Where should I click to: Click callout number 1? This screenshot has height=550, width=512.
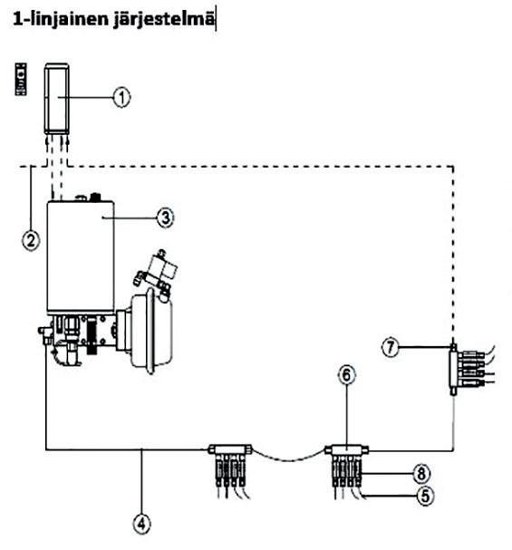tap(121, 97)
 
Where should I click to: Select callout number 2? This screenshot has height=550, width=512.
tap(31, 241)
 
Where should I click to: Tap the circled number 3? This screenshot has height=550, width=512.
tap(165, 217)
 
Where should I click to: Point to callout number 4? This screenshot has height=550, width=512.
tap(141, 524)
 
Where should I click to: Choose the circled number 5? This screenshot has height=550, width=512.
tap(425, 496)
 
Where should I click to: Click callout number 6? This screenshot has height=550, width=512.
tap(346, 375)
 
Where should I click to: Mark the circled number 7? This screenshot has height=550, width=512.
tap(391, 347)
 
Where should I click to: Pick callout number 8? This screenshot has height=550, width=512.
tap(421, 473)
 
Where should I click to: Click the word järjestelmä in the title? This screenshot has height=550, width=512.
tap(163, 19)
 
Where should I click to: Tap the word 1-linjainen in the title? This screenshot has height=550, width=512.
tap(61, 18)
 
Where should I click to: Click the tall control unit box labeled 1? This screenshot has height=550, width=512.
tap(56, 98)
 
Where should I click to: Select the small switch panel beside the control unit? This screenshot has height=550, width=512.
tap(21, 79)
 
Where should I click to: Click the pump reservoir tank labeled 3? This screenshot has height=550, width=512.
tap(81, 256)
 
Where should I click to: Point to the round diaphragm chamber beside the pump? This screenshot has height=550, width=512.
tap(151, 330)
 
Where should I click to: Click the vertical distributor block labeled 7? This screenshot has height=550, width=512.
tap(454, 369)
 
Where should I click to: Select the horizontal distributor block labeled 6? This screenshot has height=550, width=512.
tap(346, 449)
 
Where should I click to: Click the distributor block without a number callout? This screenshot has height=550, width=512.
tap(230, 449)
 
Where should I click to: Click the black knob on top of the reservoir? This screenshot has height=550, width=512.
tap(95, 197)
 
